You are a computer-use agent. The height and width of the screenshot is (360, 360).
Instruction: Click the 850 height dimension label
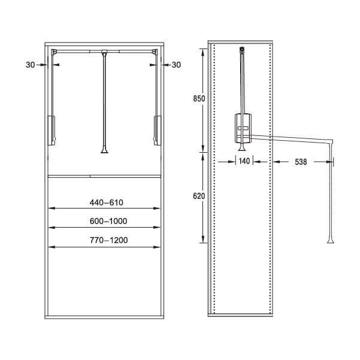[199, 99]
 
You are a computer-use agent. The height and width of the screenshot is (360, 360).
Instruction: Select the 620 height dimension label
[199, 196]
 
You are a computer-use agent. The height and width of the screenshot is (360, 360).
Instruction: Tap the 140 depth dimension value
[244, 161]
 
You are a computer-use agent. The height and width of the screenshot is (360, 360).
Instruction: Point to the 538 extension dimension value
[301, 162]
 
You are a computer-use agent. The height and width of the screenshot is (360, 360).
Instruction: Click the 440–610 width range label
[106, 202]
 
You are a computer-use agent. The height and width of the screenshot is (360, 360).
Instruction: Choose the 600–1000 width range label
[108, 221]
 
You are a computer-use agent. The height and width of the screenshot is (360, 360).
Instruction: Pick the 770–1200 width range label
[108, 240]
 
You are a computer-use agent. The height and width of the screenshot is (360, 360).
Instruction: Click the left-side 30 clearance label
[31, 65]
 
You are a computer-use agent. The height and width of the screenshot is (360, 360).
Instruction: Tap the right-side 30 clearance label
[176, 65]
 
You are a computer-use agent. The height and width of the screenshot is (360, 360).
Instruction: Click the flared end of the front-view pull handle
[104, 150]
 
